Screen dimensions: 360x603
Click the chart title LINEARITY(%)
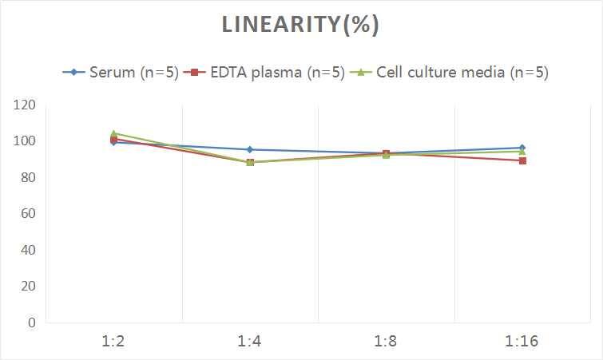coord(300,26)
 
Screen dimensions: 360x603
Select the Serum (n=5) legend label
coord(133,72)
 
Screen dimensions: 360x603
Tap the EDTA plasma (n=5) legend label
coord(272,72)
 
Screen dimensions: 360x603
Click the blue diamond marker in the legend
coord(74,72)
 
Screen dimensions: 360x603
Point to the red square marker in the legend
coord(192,72)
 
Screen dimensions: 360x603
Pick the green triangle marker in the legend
coord(360,72)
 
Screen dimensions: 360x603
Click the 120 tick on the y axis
coord(25,105)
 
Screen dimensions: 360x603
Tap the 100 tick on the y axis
coord(25,141)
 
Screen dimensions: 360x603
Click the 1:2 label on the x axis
coord(114,341)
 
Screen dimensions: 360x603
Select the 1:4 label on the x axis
coord(250,341)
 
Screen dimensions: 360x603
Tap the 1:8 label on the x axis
coord(386,341)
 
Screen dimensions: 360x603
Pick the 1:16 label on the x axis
coord(522,341)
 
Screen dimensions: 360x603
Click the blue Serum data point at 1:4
coord(250,149)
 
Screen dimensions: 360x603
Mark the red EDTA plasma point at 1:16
coord(522,160)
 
